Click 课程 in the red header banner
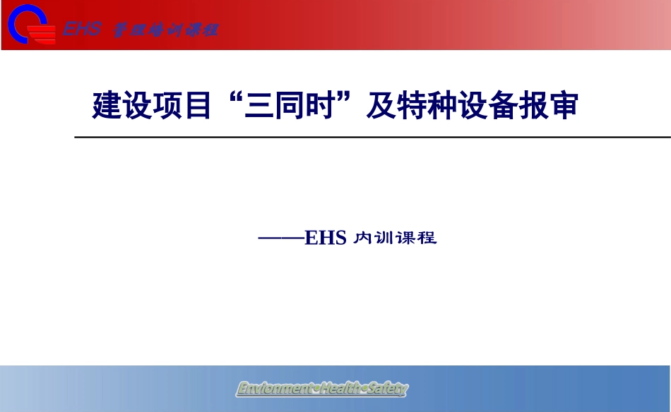point(201,30)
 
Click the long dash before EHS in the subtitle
point(281,238)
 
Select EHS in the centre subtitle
point(326,238)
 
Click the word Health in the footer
point(340,389)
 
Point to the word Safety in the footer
point(387,389)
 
